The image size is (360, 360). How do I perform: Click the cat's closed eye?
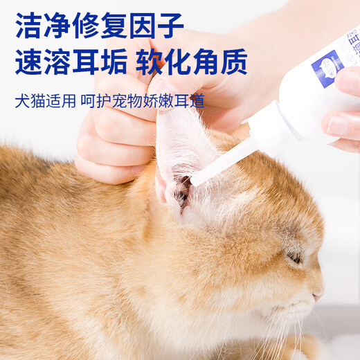point(295,257)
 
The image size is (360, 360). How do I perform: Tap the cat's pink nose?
point(318,294)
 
